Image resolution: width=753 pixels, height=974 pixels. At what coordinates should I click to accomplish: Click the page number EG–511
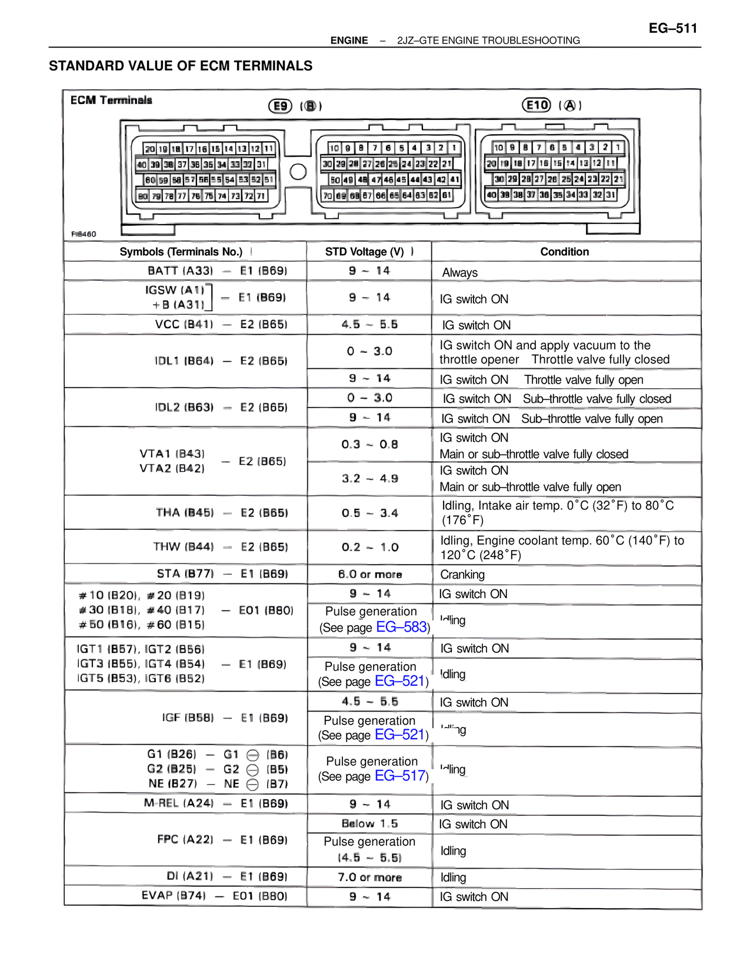pos(672,28)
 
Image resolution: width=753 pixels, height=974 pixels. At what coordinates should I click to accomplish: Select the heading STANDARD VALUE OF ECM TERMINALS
pos(181,66)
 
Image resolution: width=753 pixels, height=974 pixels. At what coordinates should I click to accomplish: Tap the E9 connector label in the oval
pos(281,106)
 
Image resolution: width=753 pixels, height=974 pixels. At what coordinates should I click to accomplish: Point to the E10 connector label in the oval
pos(537,105)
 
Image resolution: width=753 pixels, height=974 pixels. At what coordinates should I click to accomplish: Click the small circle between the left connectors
pos(298,172)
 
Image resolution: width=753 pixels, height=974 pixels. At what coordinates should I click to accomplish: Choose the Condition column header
pos(564,252)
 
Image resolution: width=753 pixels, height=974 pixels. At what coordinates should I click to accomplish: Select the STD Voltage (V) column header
pos(365,252)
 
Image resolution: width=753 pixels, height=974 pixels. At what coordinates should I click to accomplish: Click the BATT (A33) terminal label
pos(180,271)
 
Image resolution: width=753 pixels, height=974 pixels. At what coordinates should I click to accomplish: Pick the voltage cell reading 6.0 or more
pos(369,574)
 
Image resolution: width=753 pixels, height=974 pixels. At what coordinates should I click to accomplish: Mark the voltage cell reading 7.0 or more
pos(369,877)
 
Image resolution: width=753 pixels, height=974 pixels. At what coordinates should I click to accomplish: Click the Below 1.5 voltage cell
pos(369,823)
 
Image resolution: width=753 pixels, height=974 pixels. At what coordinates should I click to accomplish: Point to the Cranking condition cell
pos(462,575)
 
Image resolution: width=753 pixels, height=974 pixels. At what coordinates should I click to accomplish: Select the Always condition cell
pos(459,272)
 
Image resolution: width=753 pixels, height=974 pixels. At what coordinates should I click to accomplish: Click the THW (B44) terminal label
pos(184,547)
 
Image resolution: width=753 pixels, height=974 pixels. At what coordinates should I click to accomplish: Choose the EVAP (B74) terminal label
pos(174,896)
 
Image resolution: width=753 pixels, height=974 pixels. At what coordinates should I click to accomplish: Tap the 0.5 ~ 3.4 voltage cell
pos(369,513)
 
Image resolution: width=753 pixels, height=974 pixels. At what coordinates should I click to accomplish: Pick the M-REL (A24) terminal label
pos(179,803)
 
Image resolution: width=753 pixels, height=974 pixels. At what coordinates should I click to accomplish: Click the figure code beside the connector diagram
pos(84,234)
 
